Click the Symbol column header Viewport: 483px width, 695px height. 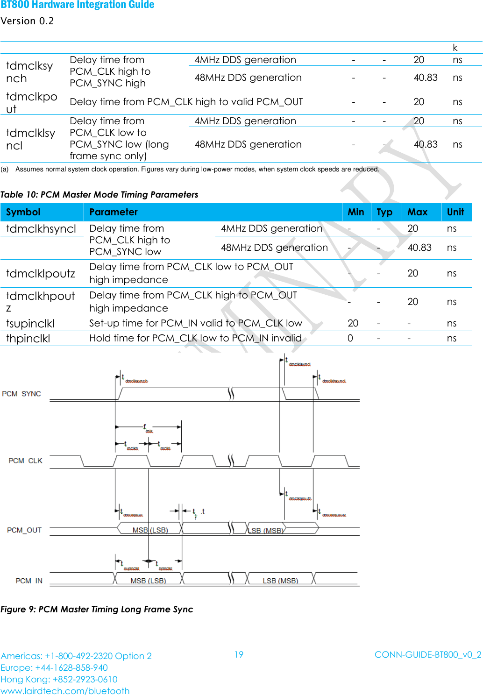pos(23,212)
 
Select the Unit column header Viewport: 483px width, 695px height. pos(455,212)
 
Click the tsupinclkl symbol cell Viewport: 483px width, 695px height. pos(30,323)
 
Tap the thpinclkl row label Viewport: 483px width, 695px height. pos(28,338)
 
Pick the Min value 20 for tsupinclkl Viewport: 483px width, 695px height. pos(353,323)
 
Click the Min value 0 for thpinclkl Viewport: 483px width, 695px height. pos(350,338)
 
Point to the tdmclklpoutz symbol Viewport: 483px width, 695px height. pos(41,273)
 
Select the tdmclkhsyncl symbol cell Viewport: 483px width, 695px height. pos(41,229)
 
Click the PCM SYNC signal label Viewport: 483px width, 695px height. pos(21,394)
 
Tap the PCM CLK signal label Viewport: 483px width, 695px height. pos(25,461)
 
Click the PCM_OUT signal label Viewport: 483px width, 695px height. pos(24,530)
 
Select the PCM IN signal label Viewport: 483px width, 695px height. pos(29,581)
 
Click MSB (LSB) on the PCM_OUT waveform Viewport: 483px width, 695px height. pos(150,530)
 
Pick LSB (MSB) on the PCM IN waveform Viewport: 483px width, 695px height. pos(280,581)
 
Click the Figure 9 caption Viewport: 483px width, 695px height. pos(97,609)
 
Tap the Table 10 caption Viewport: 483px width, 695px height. pos(99,194)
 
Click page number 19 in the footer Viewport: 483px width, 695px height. pos(239,654)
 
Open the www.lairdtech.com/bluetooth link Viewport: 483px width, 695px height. pos(65,690)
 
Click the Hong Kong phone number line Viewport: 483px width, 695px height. pos(59,679)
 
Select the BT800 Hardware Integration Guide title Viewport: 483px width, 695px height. pos(78,5)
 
